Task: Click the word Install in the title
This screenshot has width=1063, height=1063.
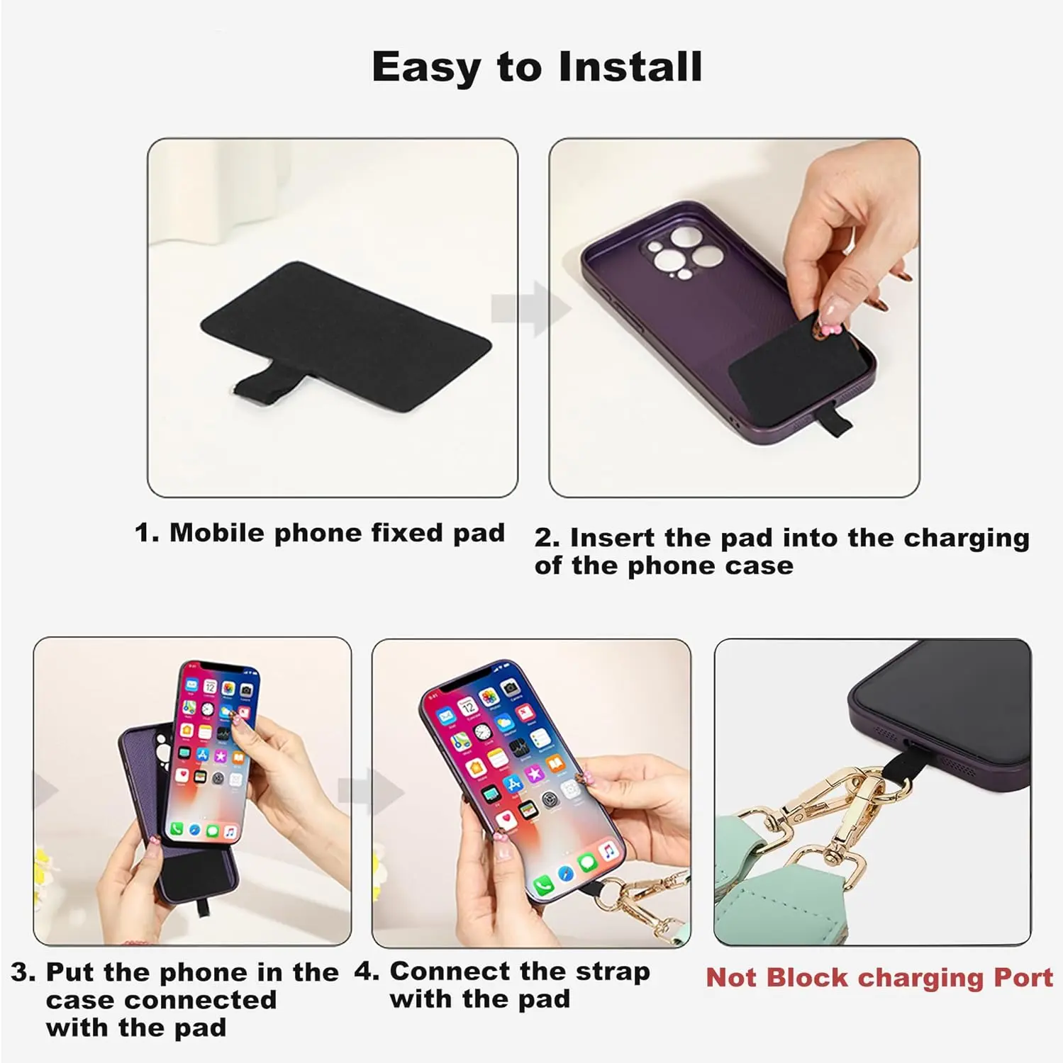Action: coord(630,67)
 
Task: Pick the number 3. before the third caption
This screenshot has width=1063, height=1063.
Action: coord(23,972)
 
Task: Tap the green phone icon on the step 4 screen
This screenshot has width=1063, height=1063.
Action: coord(544,884)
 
